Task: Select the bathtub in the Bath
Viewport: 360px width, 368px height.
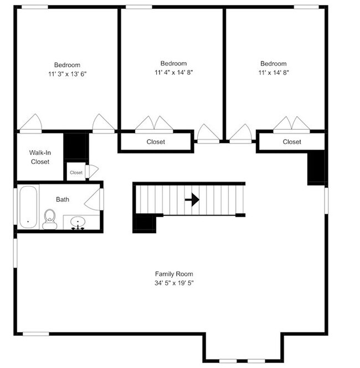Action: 28,206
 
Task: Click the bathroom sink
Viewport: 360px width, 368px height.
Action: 78,223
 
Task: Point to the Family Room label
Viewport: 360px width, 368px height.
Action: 174,274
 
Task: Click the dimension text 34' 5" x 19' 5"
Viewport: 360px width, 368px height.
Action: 174,283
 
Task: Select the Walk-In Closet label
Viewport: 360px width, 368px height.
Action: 39,157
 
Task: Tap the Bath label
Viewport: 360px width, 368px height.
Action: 63,200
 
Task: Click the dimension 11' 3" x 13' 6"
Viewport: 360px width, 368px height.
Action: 67,74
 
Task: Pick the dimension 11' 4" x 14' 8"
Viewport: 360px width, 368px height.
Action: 173,73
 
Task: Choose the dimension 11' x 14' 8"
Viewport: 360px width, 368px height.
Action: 274,73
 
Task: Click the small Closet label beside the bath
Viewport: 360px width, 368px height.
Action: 76,173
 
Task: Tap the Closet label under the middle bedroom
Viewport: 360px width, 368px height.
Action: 156,142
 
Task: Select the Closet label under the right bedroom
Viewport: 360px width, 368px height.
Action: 292,142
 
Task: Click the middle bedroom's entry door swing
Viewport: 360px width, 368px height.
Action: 208,133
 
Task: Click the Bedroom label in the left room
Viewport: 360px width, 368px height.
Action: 67,65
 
